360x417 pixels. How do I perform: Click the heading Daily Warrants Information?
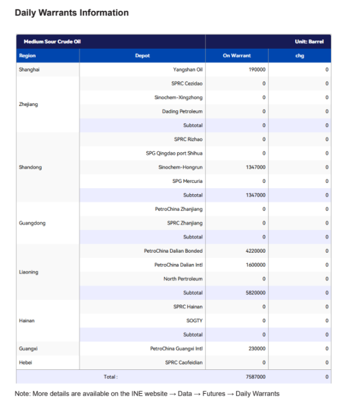click(x=71, y=13)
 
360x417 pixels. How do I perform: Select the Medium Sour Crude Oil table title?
click(x=52, y=42)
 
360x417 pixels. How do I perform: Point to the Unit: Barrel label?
click(x=309, y=42)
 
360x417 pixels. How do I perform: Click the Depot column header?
click(x=142, y=55)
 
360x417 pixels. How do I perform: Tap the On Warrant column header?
click(x=237, y=55)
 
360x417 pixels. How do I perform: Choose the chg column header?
click(x=299, y=55)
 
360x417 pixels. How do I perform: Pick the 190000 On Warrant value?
click(x=257, y=70)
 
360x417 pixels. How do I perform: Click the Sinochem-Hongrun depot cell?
click(x=180, y=167)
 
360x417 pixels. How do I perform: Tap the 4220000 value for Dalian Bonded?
click(x=255, y=251)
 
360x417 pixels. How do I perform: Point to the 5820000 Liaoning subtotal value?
click(x=255, y=292)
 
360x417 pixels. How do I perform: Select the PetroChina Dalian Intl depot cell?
click(x=179, y=264)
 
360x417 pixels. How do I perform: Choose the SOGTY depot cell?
click(x=195, y=320)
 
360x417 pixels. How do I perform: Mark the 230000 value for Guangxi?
click(x=257, y=348)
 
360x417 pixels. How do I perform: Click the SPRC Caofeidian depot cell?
click(x=184, y=362)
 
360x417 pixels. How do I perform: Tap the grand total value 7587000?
click(x=255, y=376)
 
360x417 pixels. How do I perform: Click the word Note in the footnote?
click(x=22, y=394)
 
